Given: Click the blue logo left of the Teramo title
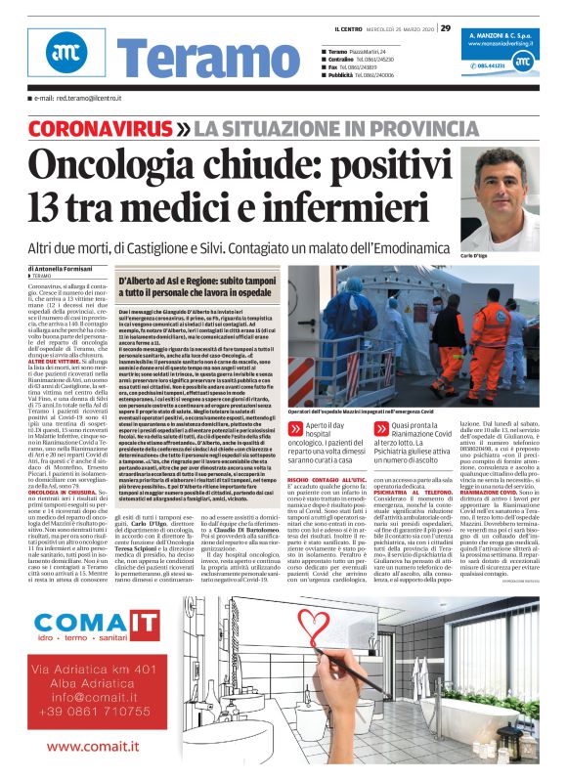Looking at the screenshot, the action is pos(65,61).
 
